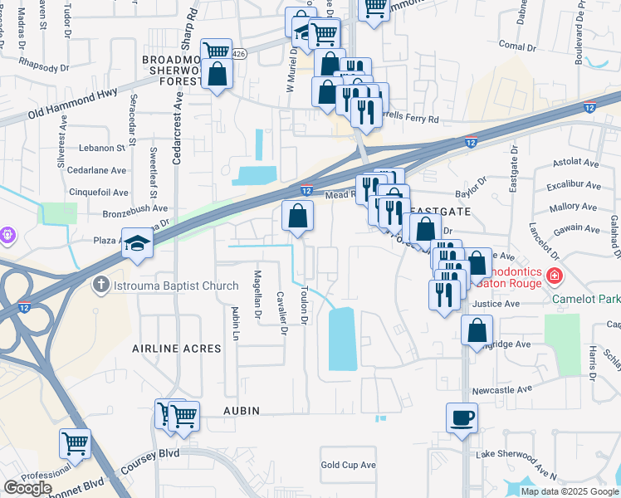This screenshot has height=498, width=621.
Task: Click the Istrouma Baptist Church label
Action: (x=165, y=286)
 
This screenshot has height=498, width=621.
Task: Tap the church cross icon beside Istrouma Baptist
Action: (x=100, y=286)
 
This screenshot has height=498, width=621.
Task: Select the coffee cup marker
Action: (x=462, y=418)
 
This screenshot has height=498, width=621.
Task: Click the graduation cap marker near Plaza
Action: (x=138, y=242)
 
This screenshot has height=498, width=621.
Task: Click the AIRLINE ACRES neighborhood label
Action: (x=177, y=349)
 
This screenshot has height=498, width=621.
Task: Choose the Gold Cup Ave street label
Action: (x=349, y=466)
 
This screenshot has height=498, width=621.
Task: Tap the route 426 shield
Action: (x=239, y=54)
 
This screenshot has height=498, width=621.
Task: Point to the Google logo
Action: (x=27, y=488)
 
